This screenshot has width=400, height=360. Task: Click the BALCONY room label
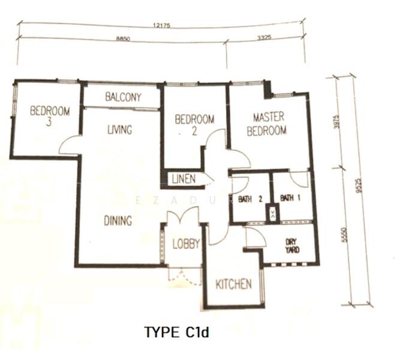123,97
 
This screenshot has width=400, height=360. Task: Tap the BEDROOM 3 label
50,116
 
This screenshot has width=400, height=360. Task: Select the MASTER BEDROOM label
267,124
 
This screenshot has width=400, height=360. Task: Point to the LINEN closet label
184,179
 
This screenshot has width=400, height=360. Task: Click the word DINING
118,221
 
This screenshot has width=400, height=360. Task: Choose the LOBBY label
186,244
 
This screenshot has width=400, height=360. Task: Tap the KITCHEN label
234,284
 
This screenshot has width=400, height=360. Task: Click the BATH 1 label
290,198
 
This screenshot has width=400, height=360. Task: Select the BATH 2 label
250,199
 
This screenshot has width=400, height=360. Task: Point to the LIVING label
120,130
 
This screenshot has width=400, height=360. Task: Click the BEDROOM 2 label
194,125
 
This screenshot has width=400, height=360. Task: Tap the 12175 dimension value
161,26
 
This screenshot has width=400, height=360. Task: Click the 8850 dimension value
123,39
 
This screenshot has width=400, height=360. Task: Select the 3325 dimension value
264,38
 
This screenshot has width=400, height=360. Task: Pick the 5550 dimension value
344,235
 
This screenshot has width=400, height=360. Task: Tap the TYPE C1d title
176,332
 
